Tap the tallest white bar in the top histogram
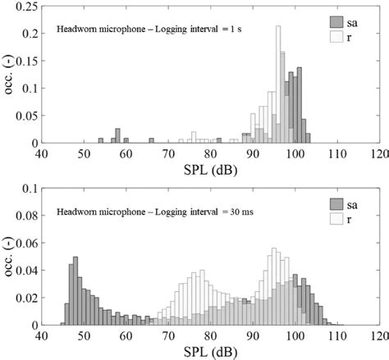click(x=279, y=82)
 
